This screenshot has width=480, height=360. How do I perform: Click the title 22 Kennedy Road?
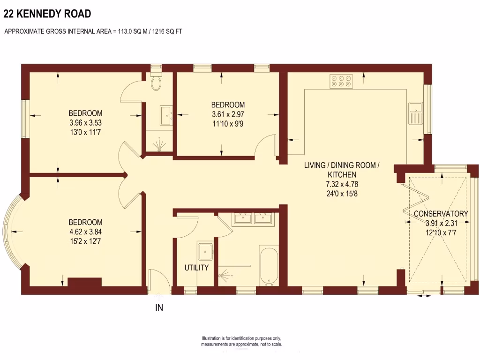point(47,14)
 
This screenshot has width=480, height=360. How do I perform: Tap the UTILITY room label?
point(196,268)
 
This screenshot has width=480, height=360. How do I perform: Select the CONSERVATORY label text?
point(441,214)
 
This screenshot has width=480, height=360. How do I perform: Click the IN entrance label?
point(159,308)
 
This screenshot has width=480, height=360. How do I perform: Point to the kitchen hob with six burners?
point(342,82)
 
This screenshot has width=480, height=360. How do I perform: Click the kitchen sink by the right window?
point(415,113)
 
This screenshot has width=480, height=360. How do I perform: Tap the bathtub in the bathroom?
point(269,266)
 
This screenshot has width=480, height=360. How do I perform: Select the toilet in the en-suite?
point(157,83)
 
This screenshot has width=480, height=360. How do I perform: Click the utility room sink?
point(205,252)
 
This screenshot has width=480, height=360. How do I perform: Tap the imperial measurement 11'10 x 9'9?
point(228,123)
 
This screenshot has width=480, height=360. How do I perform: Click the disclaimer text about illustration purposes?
point(241,341)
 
